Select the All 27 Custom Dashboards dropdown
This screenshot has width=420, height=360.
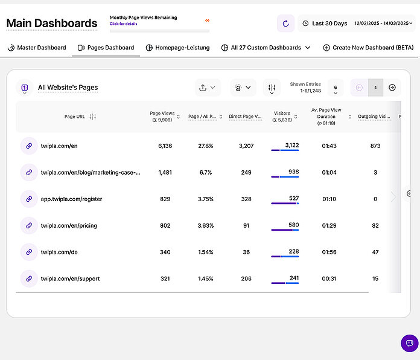(266, 48)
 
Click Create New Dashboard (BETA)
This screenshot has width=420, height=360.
(368, 48)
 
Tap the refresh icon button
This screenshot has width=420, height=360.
(285, 24)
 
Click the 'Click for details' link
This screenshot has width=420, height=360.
(123, 24)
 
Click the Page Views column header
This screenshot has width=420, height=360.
(162, 117)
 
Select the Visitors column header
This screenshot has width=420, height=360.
(282, 116)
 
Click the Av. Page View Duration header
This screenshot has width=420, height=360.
(326, 117)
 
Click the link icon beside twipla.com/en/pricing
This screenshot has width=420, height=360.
(28, 225)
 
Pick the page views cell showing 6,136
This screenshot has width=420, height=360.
(165, 146)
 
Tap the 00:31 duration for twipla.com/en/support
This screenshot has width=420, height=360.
(328, 278)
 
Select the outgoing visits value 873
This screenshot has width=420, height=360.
(375, 146)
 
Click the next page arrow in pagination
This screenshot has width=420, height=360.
(392, 88)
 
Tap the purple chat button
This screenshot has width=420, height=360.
(409, 343)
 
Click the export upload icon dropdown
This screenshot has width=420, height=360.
(208, 88)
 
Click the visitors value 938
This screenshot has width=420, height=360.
(293, 172)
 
